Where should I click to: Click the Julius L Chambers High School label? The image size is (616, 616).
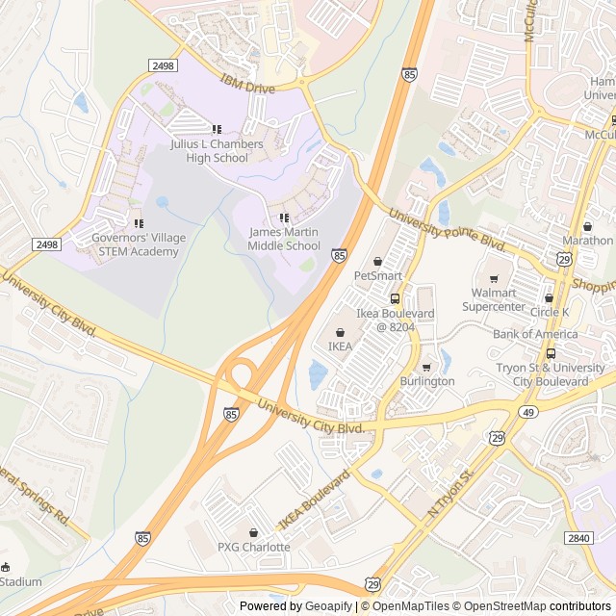pyautogui.click(x=217, y=150)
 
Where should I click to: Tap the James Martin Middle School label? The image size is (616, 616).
pyautogui.click(x=284, y=239)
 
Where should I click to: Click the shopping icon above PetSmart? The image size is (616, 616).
pyautogui.click(x=377, y=261)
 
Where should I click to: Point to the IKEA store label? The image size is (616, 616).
pyautogui.click(x=340, y=346)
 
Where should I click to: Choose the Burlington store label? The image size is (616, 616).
pyautogui.click(x=426, y=381)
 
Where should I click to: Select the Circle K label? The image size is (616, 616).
pyautogui.click(x=549, y=312)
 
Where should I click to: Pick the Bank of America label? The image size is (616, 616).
pyautogui.click(x=535, y=334)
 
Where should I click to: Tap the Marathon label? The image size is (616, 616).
pyautogui.click(x=587, y=240)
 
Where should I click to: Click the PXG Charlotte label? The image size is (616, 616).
pyautogui.click(x=253, y=547)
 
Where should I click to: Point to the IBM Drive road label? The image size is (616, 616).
pyautogui.click(x=248, y=85)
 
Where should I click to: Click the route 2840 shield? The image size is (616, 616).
pyautogui.click(x=578, y=538)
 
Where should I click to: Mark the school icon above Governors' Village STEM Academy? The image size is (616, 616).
pyautogui.click(x=138, y=224)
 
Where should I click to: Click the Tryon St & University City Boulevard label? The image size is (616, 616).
pyautogui.click(x=551, y=374)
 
